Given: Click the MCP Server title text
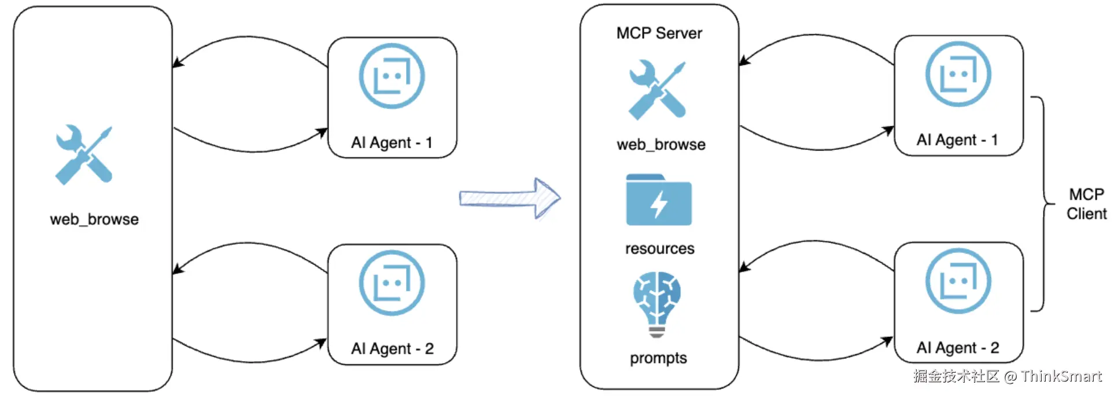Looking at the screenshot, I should pos(659,34).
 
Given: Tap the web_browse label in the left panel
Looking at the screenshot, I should pos(94,219).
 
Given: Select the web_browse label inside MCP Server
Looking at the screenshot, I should pos(661,144).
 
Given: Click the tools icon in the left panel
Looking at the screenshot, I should pos(84,155).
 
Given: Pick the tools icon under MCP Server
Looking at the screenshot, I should pos(657,90).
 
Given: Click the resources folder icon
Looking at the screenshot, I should pos(658,200).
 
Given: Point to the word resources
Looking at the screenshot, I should pos(659,248).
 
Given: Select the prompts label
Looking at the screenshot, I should pos(658,358).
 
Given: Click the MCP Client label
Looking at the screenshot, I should pos(1086,204).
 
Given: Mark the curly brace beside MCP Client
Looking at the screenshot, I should pos(1042,204).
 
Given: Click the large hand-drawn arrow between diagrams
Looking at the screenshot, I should pos(510,198).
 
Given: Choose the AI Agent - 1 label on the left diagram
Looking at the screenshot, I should pos(392,142).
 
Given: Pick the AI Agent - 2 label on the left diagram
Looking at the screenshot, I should pos(392,349).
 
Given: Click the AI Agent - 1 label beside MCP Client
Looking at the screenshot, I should pos(957,140).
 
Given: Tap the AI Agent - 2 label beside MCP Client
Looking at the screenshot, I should pos(958,347).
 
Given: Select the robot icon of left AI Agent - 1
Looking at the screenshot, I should pos(392,76).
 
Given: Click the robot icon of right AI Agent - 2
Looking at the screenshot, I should pos(958,281).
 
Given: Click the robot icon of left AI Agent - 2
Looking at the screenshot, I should pos(392,283).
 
